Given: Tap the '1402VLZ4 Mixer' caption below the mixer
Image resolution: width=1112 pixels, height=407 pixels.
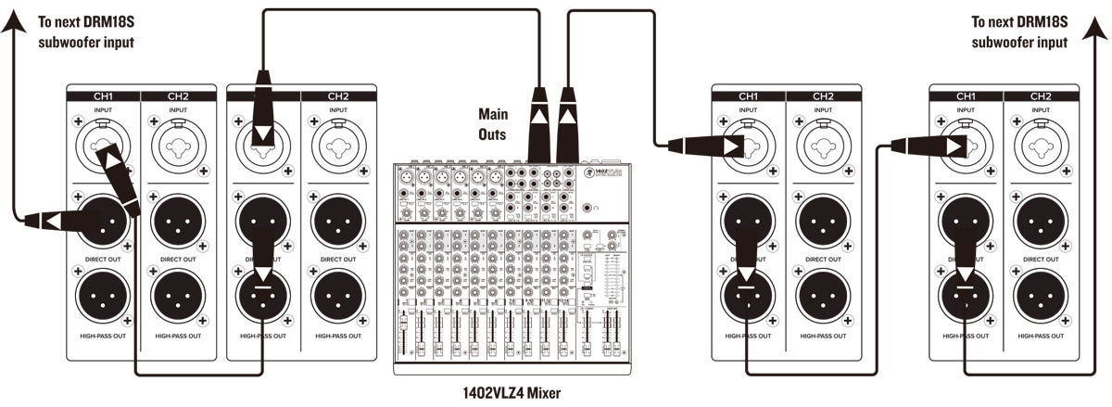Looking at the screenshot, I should point(511,392).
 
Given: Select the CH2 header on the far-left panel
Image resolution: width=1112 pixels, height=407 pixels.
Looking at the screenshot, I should point(178,95).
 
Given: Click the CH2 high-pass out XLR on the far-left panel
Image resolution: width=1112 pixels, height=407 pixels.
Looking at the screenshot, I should point(178,295).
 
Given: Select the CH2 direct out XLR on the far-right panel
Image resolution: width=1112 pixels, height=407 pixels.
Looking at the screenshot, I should point(1040,220).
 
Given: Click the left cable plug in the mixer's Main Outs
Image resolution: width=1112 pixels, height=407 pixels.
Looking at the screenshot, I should point(538,125).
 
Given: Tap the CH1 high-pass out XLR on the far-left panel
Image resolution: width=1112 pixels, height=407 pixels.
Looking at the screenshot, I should point(104,295).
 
